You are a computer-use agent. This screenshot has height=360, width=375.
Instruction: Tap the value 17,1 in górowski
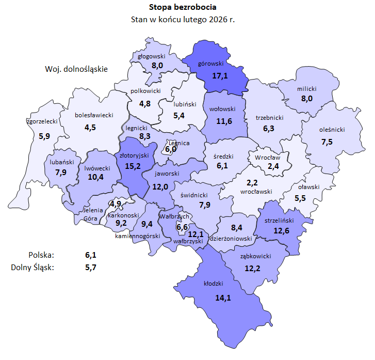[x=220, y=76]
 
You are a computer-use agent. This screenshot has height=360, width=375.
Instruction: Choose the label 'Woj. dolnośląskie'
[x=76, y=69]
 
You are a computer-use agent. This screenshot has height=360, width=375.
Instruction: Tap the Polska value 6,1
[x=91, y=255]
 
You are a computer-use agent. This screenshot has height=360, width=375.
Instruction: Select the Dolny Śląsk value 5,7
[x=91, y=267]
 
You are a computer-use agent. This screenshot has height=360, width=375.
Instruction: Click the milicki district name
[x=307, y=89]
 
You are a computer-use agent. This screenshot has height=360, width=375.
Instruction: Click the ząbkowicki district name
[x=256, y=256]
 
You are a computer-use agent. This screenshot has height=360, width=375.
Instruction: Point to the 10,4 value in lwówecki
[x=96, y=177]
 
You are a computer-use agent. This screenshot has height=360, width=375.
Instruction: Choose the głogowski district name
[x=151, y=56]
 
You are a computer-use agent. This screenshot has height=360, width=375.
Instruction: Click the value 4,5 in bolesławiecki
[x=90, y=127]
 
